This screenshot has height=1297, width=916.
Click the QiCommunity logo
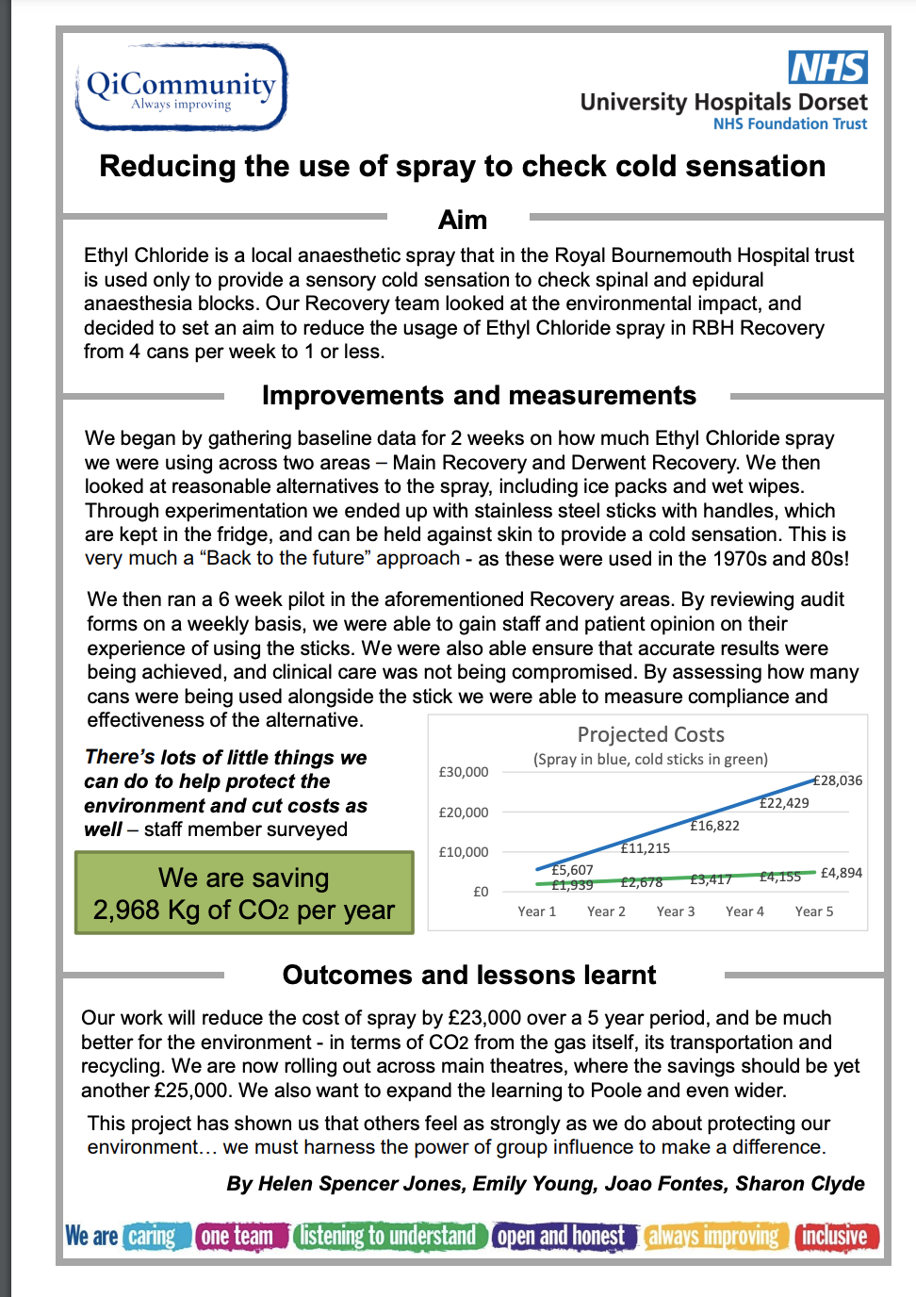pos(181,87)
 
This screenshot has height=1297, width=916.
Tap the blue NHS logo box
pos(827,67)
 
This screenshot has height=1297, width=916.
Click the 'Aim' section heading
pos(463,220)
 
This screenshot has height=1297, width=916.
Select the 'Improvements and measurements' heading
pos(479,395)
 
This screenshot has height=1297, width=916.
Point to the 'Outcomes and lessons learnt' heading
pos(469,975)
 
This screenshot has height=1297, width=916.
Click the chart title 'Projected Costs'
pos(650,734)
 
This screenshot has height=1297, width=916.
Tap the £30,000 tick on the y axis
pos(464,772)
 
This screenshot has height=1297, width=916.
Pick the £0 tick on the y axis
pos(481,892)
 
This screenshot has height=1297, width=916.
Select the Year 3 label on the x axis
pos(676,911)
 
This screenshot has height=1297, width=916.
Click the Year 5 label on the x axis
pos(814,911)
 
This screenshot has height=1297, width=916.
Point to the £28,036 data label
pos(838,780)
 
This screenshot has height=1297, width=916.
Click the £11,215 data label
pos(646,848)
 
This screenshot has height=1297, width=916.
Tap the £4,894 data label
pos(842,873)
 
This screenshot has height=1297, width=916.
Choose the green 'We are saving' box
pos(244,893)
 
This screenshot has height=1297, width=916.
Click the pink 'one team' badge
pos(240,1236)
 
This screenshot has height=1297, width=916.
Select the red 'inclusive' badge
pos(836,1236)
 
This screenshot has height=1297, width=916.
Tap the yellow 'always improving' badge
pos(714,1236)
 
